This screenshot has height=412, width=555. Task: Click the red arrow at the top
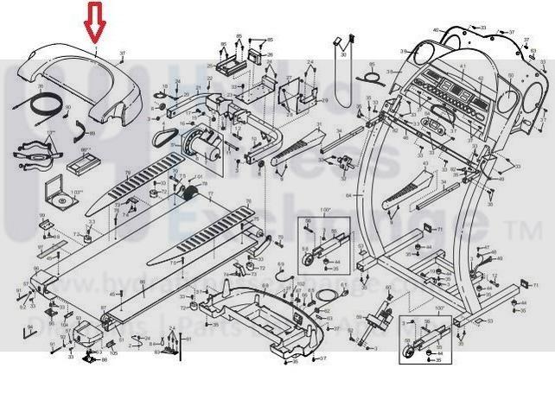[96, 22]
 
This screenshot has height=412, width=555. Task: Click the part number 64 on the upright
[348, 196]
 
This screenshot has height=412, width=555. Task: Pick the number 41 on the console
[463, 67]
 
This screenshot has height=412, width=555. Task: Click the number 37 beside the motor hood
[123, 54]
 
